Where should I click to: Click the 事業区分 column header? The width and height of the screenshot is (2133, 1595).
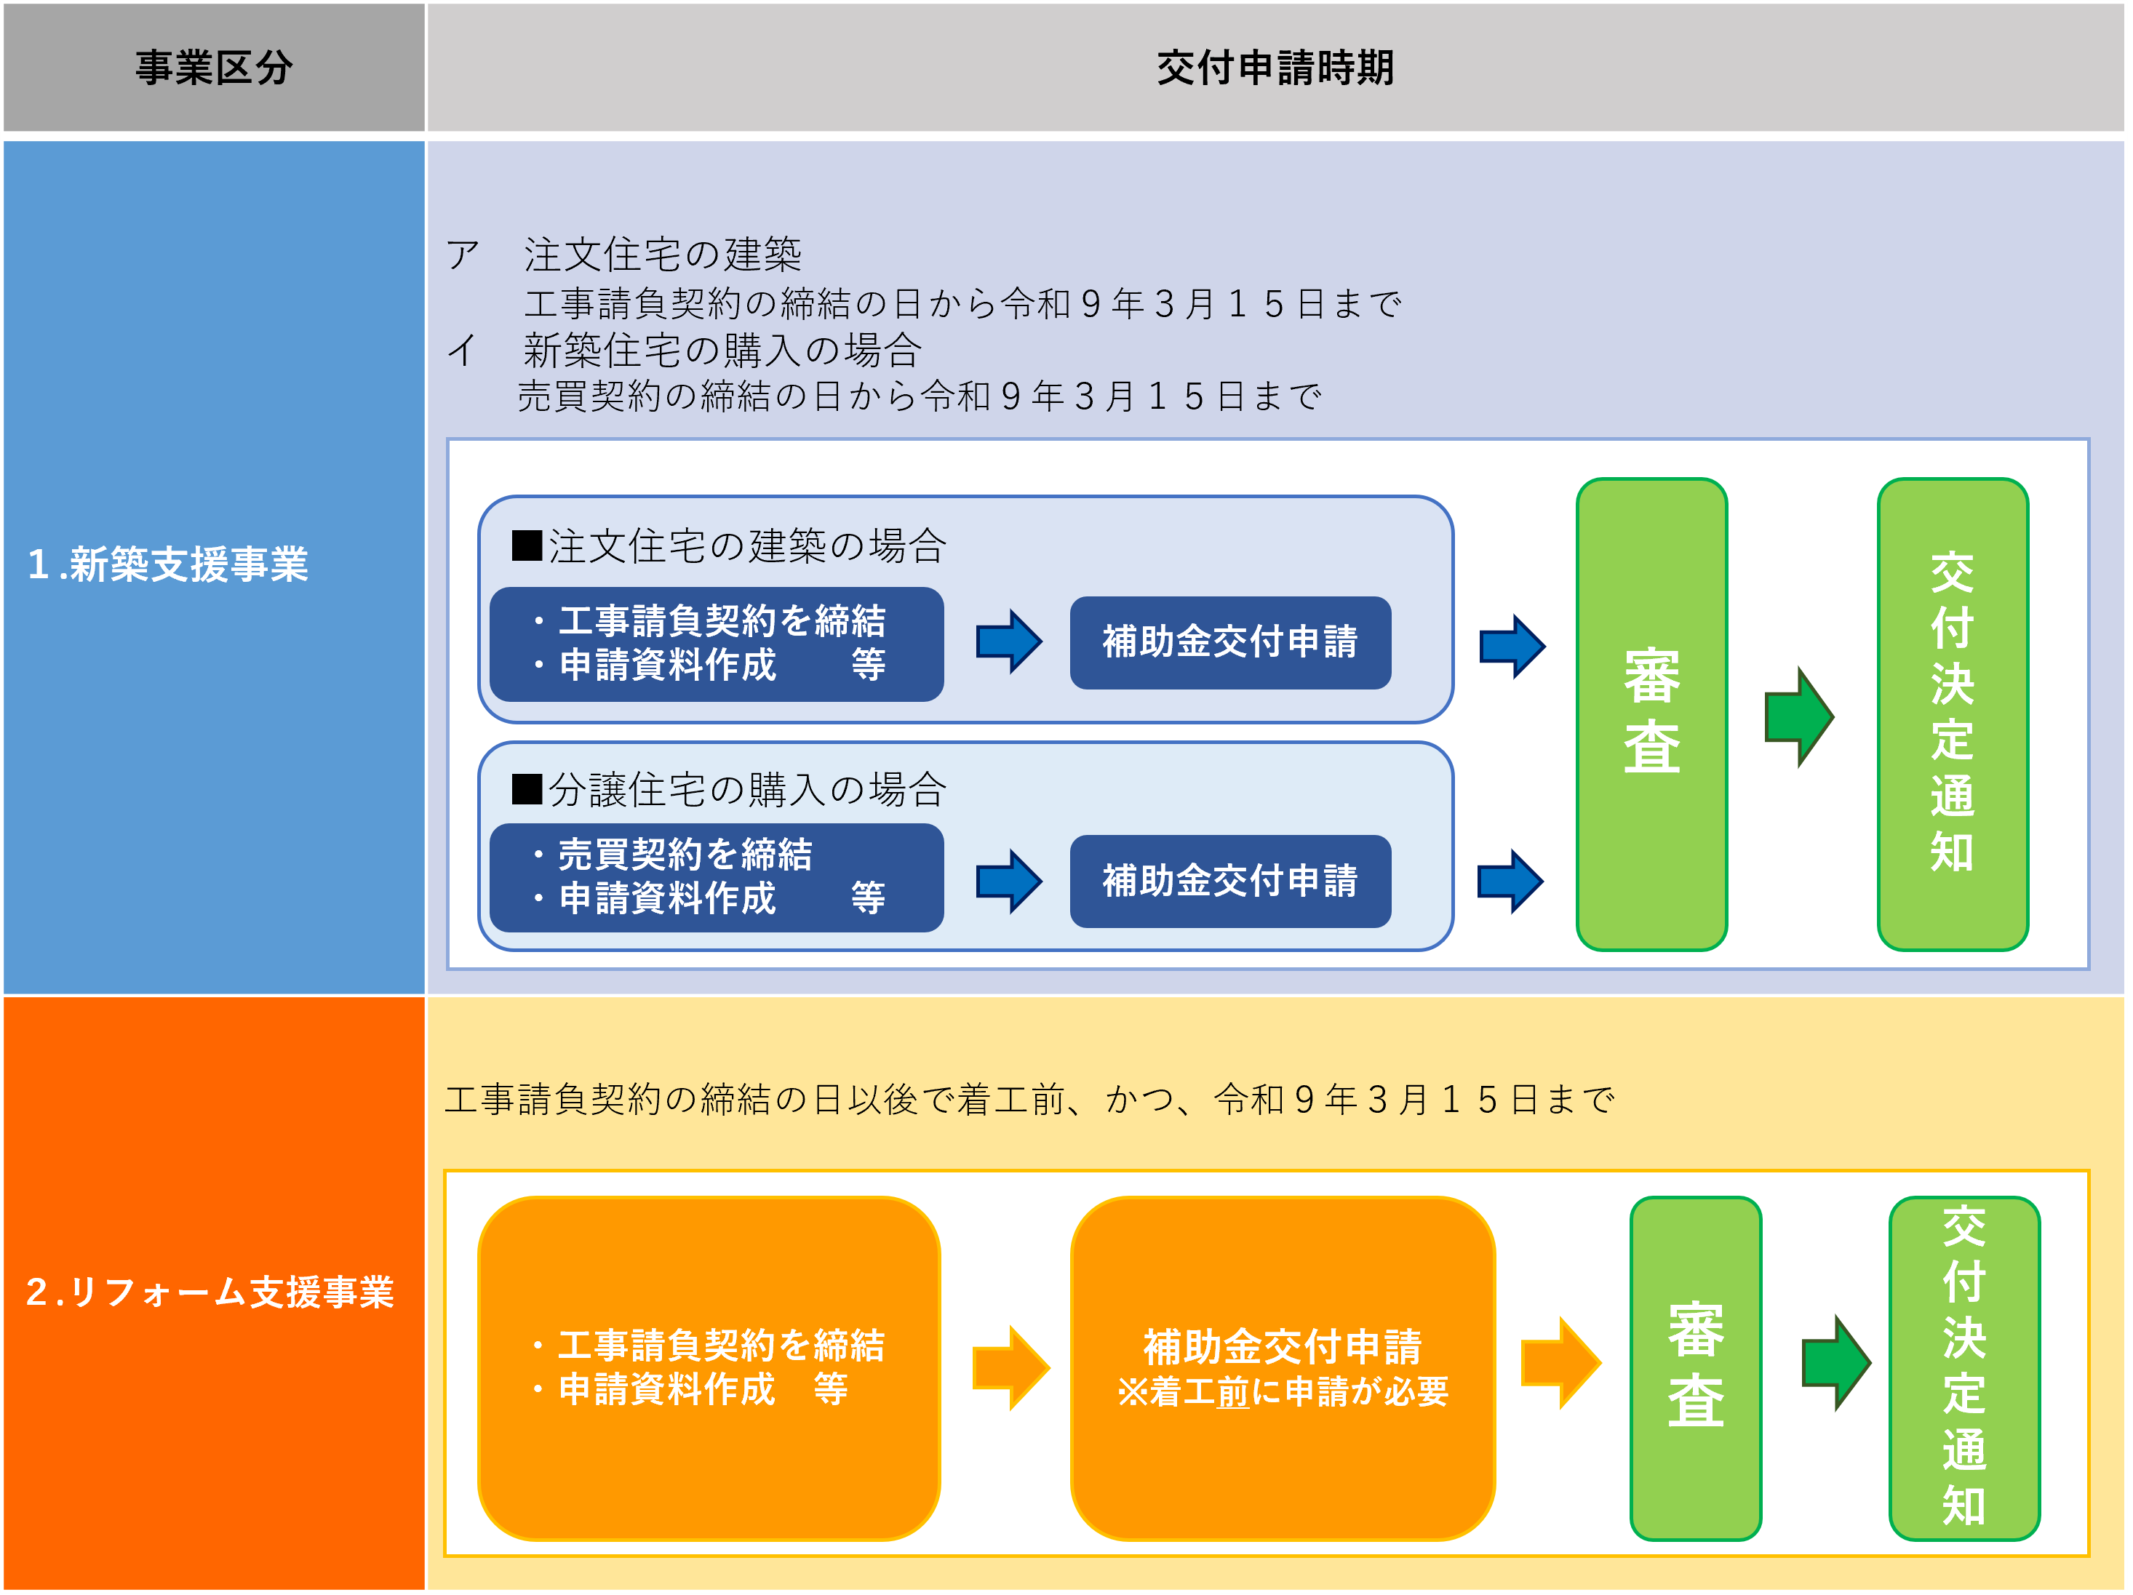coord(213,68)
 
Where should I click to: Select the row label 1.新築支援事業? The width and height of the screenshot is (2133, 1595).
coord(169,565)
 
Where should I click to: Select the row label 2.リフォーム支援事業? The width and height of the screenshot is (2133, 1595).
coord(210,1292)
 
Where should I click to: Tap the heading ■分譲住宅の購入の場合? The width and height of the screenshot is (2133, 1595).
coord(729,790)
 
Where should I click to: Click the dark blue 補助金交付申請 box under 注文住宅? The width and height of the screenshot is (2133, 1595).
coord(1229,642)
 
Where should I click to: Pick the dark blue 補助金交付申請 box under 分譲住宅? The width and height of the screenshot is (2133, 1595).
coord(1229,882)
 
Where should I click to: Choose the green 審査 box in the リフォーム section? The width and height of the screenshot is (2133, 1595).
coord(1695,1367)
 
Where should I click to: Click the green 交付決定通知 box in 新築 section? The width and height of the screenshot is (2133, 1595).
coord(1952,713)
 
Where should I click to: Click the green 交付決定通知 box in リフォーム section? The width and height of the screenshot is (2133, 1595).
coord(1963,1367)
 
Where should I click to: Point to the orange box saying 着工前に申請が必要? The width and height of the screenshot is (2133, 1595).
coord(1282,1367)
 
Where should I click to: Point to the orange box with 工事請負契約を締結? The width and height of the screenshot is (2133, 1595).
coord(709,1367)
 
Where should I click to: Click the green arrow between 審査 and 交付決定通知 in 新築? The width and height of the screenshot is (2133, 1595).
coord(1798,716)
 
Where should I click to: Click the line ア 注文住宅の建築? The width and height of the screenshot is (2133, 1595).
coord(663,255)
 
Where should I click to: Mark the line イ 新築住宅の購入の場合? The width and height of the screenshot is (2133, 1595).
coord(721,350)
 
